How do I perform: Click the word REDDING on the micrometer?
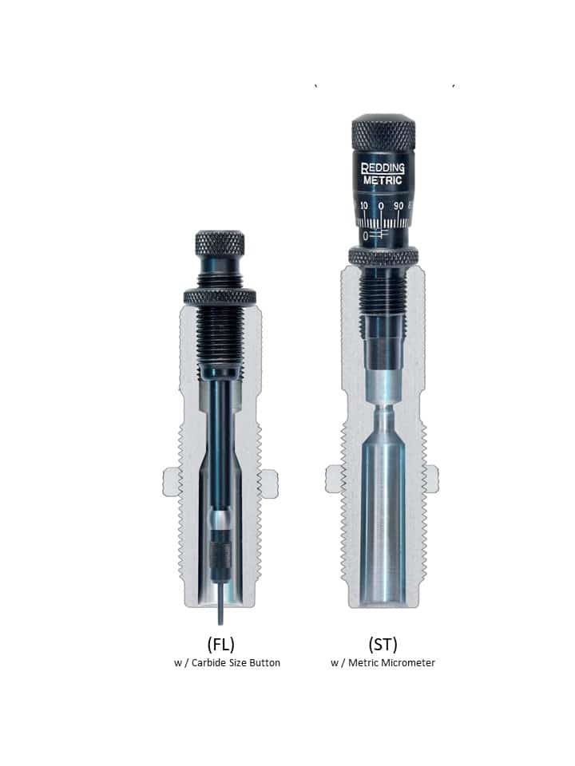(383, 168)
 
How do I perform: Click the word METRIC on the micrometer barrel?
(383, 180)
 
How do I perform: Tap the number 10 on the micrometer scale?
(364, 206)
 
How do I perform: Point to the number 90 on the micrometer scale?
(399, 206)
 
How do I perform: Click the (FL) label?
(221, 644)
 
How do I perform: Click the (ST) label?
(383, 644)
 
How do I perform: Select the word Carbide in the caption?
(208, 663)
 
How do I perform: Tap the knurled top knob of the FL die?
(220, 243)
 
